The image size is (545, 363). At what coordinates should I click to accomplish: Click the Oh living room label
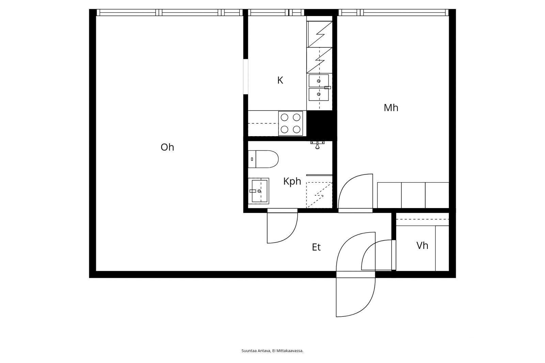pos(167,147)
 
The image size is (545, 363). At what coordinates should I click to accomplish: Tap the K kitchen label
pos(280,80)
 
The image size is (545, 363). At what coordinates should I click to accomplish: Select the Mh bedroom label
pos(391,108)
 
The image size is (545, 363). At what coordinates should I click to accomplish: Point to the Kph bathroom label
pos(292,181)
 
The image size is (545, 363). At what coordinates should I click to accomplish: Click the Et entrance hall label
pos(316,247)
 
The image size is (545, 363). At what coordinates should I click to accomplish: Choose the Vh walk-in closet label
pos(422,246)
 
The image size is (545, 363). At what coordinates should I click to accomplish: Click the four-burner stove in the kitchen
pos(291,123)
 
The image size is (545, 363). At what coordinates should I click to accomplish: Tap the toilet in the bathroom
pos(264,159)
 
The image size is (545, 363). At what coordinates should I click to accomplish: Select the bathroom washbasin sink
pos(259,191)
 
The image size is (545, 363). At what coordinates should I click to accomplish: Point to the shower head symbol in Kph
pos(317,145)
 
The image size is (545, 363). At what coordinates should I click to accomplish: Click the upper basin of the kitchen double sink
pos(318,81)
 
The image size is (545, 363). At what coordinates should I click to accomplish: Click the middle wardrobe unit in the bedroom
pos(413,195)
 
